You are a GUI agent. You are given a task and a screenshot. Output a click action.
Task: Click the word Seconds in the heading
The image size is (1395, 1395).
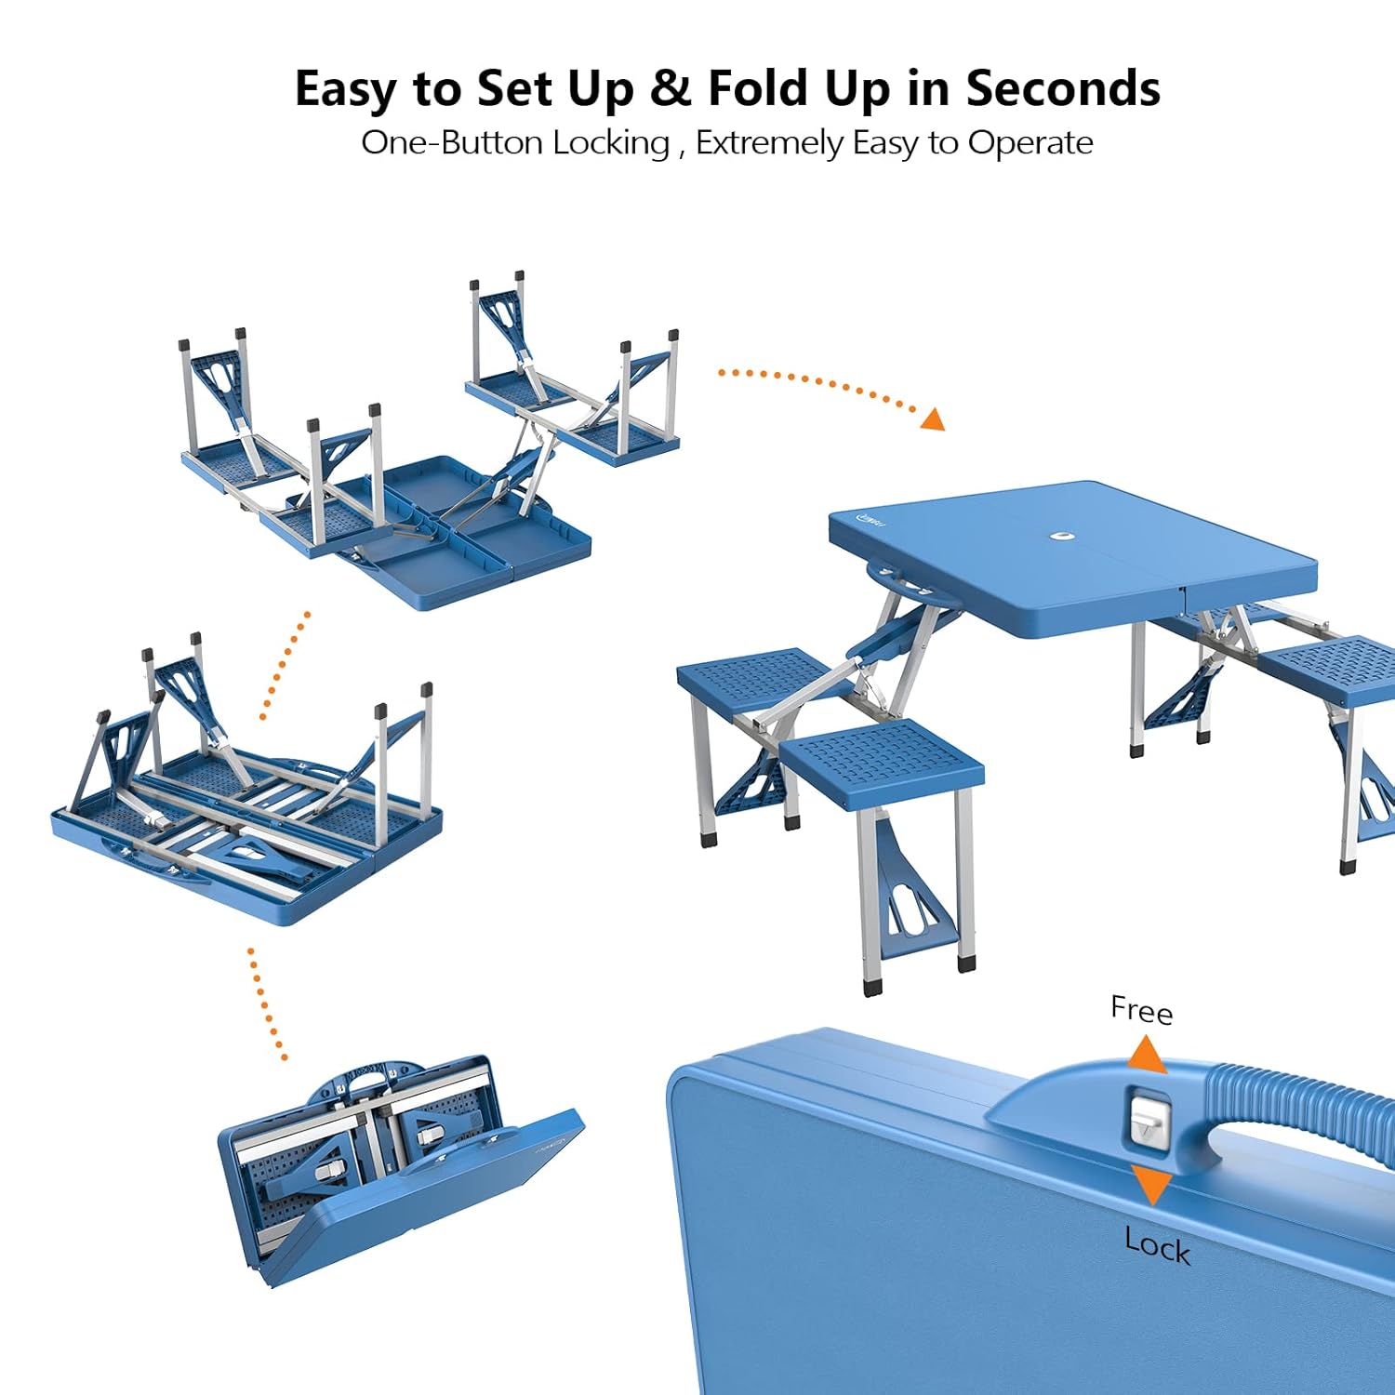click(x=1062, y=89)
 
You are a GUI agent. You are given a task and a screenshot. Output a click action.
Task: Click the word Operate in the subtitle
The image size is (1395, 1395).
click(x=1030, y=143)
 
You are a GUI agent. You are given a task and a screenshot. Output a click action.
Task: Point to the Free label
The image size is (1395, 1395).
click(x=1141, y=1010)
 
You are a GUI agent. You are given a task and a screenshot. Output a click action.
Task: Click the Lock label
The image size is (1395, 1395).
click(x=1157, y=1244)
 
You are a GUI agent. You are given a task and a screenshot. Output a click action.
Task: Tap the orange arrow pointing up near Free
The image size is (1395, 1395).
click(x=1148, y=1056)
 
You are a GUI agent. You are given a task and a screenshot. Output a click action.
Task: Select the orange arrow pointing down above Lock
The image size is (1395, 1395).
click(x=1152, y=1185)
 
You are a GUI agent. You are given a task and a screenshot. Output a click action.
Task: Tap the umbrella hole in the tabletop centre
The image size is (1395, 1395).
click(x=1060, y=536)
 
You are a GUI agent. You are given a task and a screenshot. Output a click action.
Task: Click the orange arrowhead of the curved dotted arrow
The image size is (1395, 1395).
click(x=933, y=419)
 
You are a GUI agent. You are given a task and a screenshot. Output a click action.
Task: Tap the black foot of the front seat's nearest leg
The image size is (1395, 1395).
click(x=871, y=984)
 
